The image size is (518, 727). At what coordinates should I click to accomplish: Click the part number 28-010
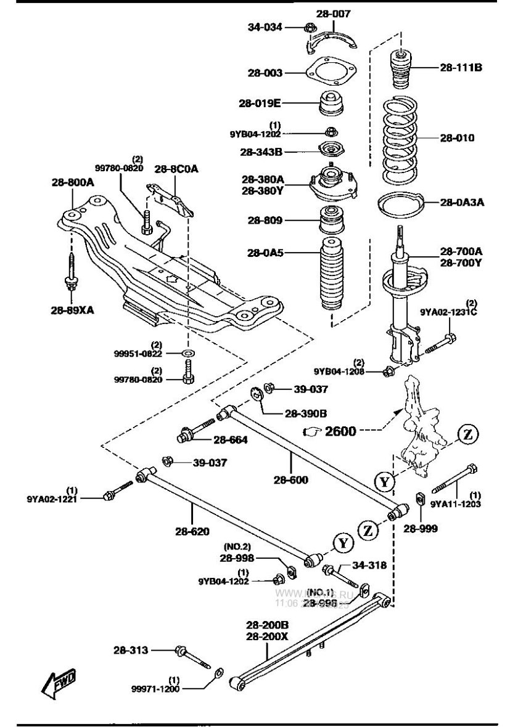pyautogui.click(x=457, y=138)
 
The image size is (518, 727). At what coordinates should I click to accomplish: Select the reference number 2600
pyautogui.click(x=341, y=431)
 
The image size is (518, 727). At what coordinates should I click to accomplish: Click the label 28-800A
pyautogui.click(x=73, y=182)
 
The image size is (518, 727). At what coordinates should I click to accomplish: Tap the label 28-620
pyautogui.click(x=192, y=530)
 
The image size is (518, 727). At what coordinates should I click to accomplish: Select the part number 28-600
pyautogui.click(x=292, y=480)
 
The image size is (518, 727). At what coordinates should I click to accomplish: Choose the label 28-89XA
pyautogui.click(x=73, y=311)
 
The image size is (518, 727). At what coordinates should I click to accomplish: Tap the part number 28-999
pyautogui.click(x=421, y=528)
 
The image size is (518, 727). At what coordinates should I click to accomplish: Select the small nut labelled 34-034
pyautogui.click(x=311, y=26)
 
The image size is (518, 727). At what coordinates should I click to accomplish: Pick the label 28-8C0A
pyautogui.click(x=173, y=168)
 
